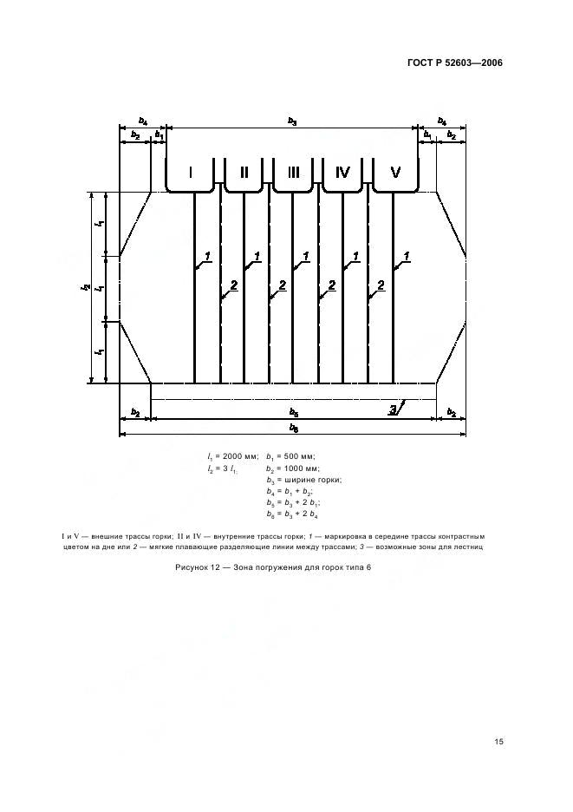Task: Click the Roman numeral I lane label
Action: click(x=191, y=173)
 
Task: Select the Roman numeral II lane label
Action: click(x=244, y=173)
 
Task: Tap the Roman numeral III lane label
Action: click(x=294, y=173)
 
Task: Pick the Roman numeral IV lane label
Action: click(x=342, y=173)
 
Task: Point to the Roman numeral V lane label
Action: click(x=395, y=173)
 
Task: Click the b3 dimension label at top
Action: click(x=292, y=121)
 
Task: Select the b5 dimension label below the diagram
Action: click(x=294, y=413)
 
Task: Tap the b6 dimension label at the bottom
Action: click(x=294, y=429)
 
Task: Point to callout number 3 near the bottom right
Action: click(x=394, y=410)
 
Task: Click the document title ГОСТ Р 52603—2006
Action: click(x=455, y=63)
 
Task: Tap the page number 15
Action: click(x=499, y=742)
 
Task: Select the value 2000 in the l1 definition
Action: click(x=233, y=456)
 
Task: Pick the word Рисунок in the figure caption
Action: click(x=191, y=567)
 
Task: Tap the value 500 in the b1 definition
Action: click(x=292, y=456)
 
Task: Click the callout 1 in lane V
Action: click(x=407, y=256)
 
